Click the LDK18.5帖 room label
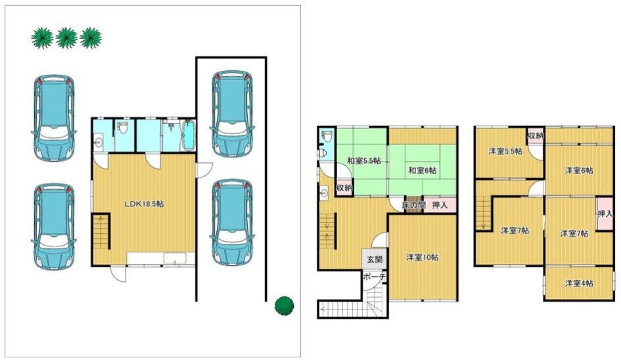click(144, 204)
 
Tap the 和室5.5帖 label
click(364, 161)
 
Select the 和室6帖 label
click(422, 170)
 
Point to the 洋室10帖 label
click(422, 258)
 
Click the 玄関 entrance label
click(375, 260)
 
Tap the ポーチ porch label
click(375, 277)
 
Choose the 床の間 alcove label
click(413, 205)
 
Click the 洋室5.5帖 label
click(505, 151)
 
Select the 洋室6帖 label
click(579, 171)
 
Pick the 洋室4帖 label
click(579, 284)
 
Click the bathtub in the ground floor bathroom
click(189, 135)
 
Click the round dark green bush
click(285, 305)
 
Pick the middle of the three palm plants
click(66, 38)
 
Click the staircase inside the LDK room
click(101, 232)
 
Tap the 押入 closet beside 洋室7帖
click(605, 214)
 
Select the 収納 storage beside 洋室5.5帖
click(535, 136)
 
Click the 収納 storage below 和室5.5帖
click(344, 187)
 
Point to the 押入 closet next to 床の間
click(440, 205)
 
